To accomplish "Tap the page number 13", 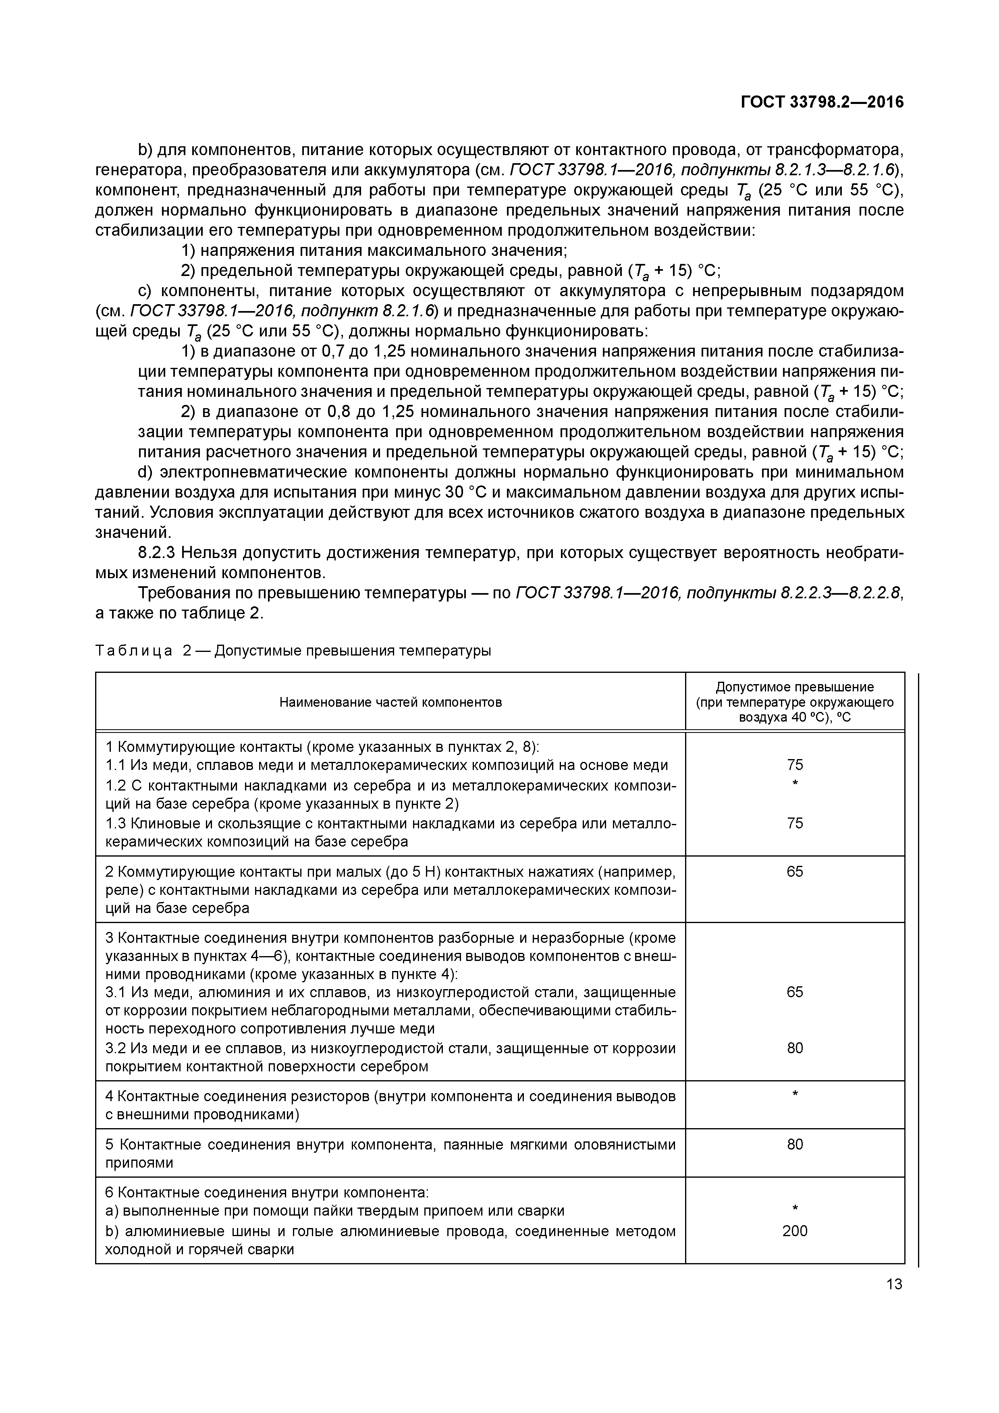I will [894, 1284].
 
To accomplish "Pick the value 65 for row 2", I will [795, 871].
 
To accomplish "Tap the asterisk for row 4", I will [795, 1094].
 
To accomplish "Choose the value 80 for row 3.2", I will [795, 1048].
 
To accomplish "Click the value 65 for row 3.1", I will [795, 992].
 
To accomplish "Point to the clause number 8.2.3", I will [158, 553].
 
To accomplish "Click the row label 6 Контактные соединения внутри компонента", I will [266, 1193].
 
